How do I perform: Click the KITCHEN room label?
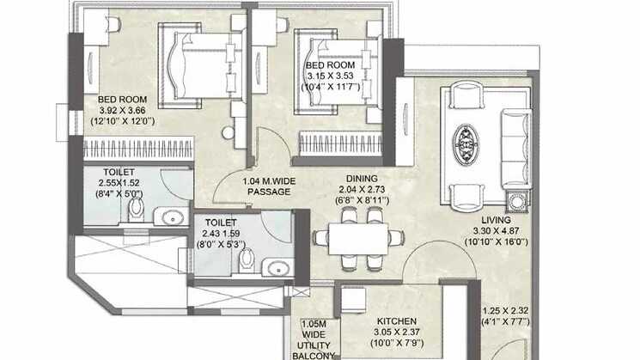click(396, 321)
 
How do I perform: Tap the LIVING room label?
click(496, 220)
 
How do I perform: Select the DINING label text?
click(362, 179)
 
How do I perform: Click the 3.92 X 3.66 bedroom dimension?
click(123, 110)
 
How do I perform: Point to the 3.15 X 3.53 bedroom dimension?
click(330, 76)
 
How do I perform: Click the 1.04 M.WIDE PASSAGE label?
click(269, 186)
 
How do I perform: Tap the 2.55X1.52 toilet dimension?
click(119, 183)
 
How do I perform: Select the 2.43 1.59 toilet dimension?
click(221, 234)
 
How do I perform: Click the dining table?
click(358, 239)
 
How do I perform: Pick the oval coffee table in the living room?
click(466, 145)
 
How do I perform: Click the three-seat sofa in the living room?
click(516, 149)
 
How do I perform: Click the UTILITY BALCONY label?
click(314, 351)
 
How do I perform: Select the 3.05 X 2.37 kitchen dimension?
click(397, 333)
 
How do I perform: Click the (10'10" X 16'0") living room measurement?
click(496, 242)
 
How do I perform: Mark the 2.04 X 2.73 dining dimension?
click(362, 189)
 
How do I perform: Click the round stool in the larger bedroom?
click(229, 132)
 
